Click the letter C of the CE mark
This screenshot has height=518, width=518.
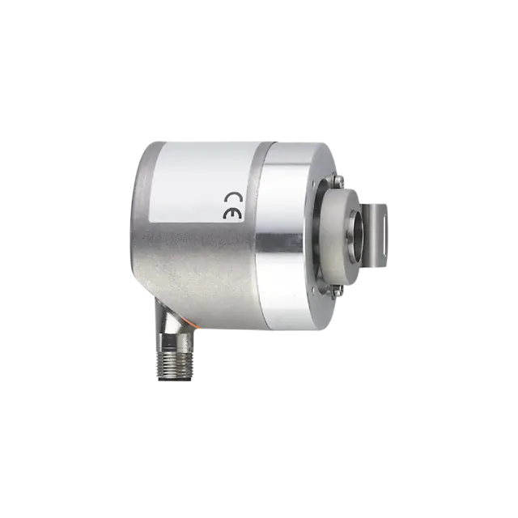[x=233, y=197]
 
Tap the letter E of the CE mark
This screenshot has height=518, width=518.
[x=233, y=214]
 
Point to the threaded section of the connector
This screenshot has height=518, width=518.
[x=176, y=365]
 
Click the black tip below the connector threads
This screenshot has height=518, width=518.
[x=175, y=380]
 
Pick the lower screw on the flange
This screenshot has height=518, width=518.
[x=337, y=291]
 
